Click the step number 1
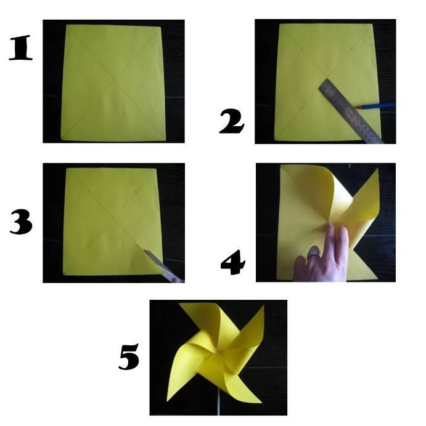(x=21, y=47)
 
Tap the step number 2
(x=232, y=121)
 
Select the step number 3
(x=21, y=222)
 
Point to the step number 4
(x=233, y=262)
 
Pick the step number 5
(x=129, y=356)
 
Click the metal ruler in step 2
(x=351, y=111)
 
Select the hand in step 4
(x=321, y=255)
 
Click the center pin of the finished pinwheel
(x=219, y=352)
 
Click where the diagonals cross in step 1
(x=114, y=79)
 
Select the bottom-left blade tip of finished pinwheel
(x=167, y=401)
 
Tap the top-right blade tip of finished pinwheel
(x=263, y=305)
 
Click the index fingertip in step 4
(x=330, y=225)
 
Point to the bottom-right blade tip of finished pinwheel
(x=261, y=403)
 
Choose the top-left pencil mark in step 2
(x=302, y=48)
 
